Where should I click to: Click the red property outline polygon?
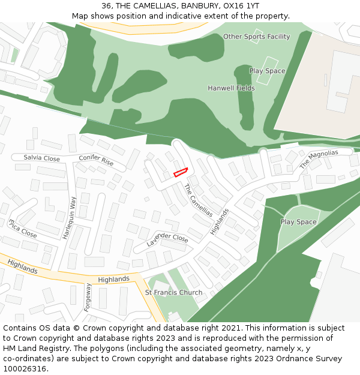point(181,173)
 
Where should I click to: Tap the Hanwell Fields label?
point(231,88)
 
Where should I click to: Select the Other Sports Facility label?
point(256,37)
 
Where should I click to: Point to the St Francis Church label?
point(173,293)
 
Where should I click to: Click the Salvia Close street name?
point(42,158)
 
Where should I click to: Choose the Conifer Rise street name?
point(96,160)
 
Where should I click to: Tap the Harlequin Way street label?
point(69,218)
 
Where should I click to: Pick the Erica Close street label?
point(22,229)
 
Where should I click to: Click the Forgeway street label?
point(88,296)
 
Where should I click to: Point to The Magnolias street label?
point(319,159)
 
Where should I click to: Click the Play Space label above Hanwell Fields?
point(267,71)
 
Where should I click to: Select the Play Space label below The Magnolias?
point(298,222)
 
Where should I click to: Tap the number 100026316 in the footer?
point(25,368)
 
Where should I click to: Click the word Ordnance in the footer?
point(287,359)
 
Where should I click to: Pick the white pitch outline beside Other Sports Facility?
point(257,36)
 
